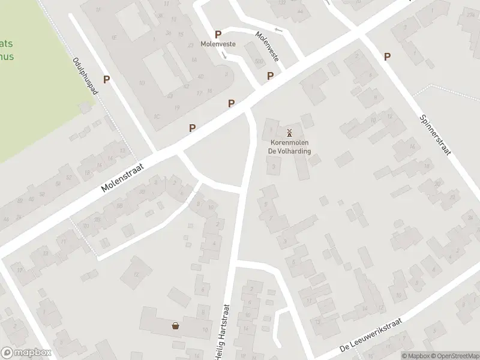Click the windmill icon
tap(289, 133)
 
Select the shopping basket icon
tap(175, 326)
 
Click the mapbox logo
tap(26, 353)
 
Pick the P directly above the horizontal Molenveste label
tap(218, 35)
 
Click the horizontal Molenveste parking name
tap(218, 44)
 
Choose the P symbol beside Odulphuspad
tap(106, 79)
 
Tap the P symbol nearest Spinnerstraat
tap(387, 56)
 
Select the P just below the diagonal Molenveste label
tap(271, 76)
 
